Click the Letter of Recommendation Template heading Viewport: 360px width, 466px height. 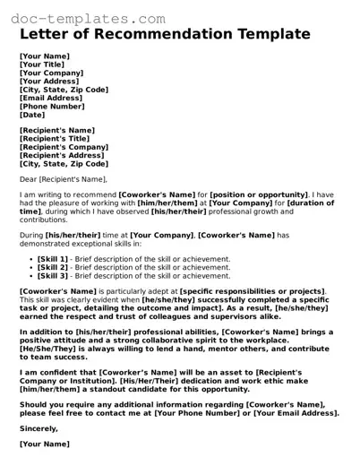pos(165,34)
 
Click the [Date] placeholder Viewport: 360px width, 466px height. pos(32,115)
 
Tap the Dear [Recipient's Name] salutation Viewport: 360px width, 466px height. pos(62,179)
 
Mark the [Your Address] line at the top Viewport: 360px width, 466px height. pos(50,82)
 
